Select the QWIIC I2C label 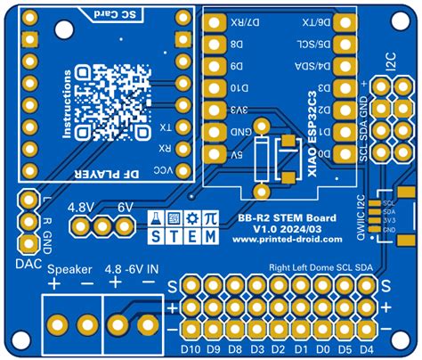[361, 214]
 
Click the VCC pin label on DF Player [166, 168]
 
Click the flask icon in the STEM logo [153, 218]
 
